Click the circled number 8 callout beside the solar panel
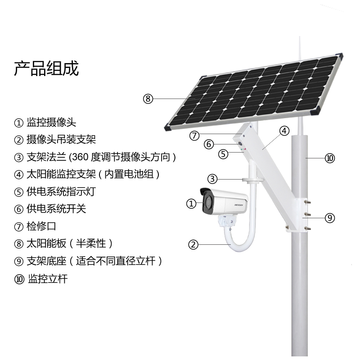point(148,99)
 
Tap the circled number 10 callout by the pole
point(330,158)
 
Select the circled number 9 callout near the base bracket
point(330,218)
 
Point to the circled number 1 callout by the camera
point(192,204)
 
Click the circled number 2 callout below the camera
point(193,245)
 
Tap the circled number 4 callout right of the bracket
point(284,131)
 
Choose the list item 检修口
point(41,226)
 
